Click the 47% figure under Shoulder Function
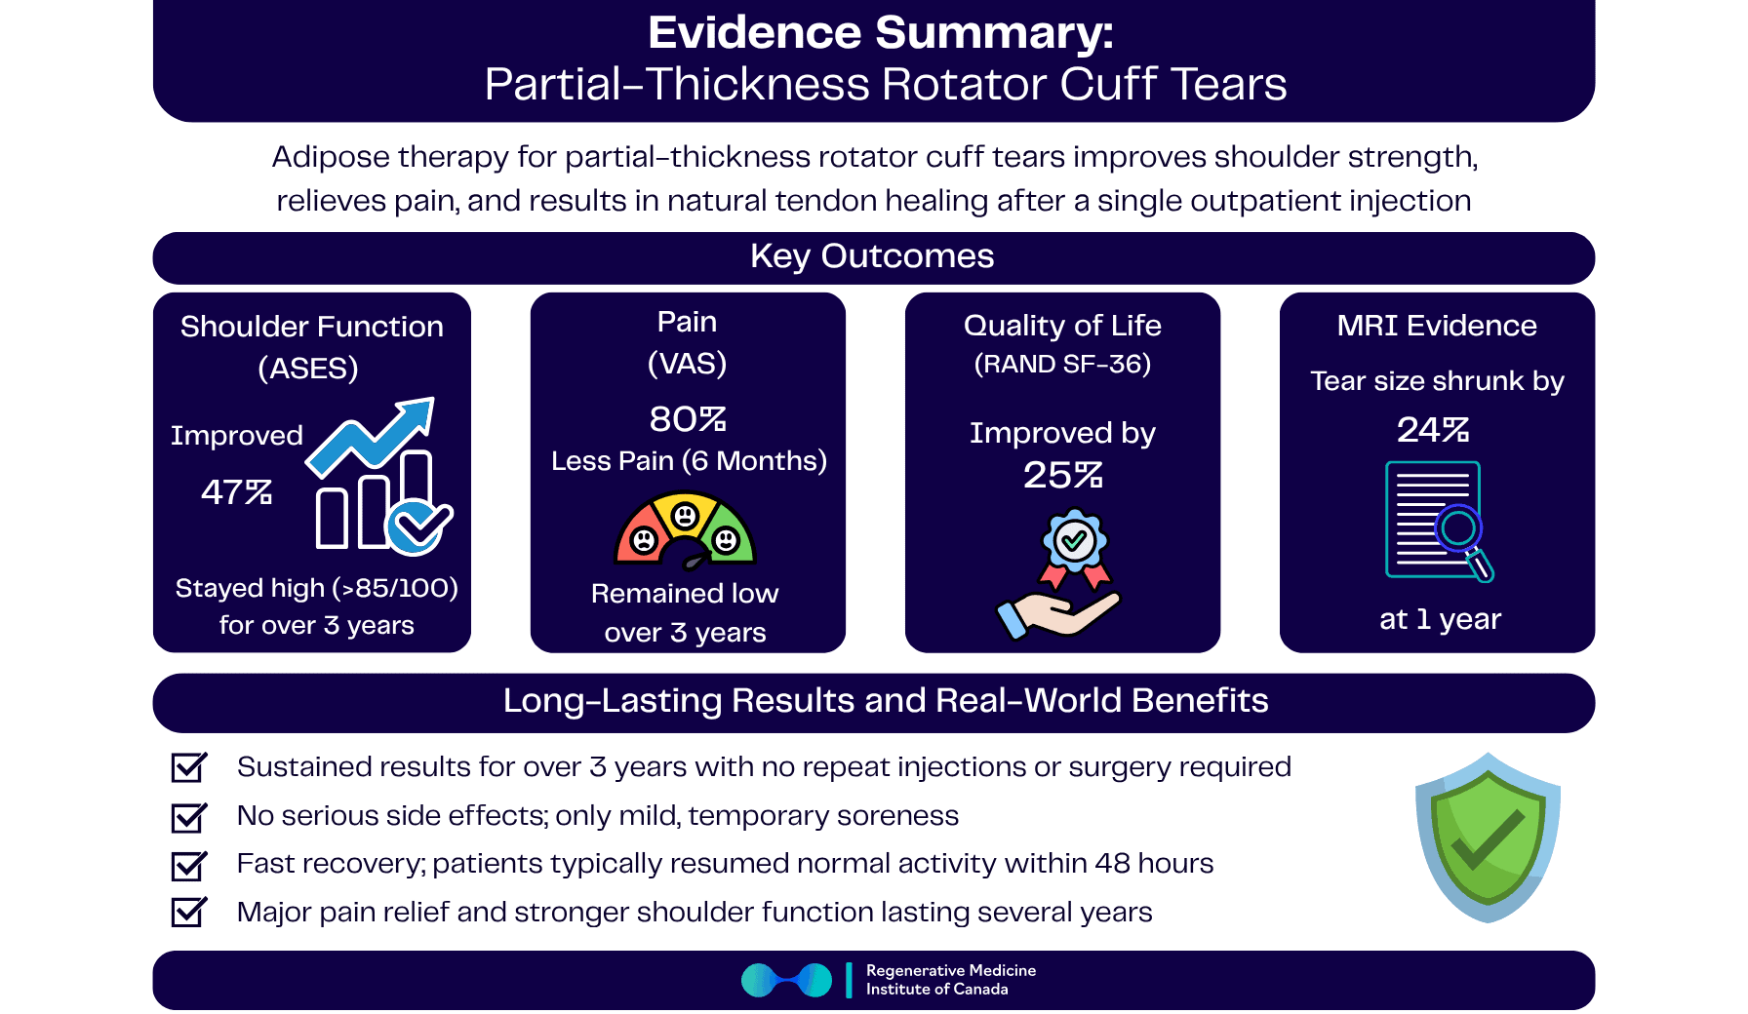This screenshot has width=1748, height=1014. click(236, 492)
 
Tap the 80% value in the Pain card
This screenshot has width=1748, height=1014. click(688, 419)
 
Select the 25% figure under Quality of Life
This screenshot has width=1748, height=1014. click(1062, 476)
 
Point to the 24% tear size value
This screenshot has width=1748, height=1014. click(1433, 430)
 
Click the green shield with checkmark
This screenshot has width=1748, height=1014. click(1488, 838)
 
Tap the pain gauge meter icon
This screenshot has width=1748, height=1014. click(686, 532)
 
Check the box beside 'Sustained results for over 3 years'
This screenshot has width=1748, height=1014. click(188, 767)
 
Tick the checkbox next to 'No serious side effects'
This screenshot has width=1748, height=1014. click(188, 816)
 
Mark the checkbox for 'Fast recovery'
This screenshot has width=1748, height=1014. click(188, 865)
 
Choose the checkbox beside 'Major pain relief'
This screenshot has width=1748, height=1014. click(188, 913)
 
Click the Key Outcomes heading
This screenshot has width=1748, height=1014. click(872, 256)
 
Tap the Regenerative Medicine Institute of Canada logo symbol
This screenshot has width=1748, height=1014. click(786, 980)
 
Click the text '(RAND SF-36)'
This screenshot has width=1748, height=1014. click(1062, 365)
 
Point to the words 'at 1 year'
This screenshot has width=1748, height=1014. click(1440, 619)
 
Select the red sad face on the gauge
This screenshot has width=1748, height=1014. click(644, 539)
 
